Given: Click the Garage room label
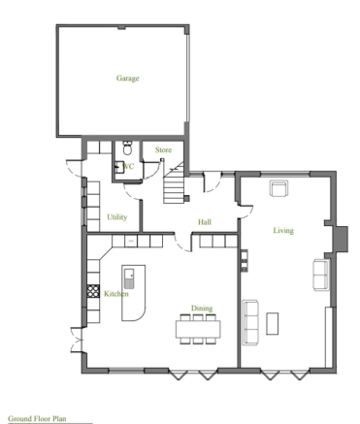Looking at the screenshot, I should [x=128, y=78].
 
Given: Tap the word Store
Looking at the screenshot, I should [x=163, y=149].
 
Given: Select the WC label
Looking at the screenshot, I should [x=129, y=166].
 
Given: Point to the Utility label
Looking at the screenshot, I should [x=117, y=217].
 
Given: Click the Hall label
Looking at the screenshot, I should [x=205, y=222].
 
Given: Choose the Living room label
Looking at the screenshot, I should [x=282, y=230].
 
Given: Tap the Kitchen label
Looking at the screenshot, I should [x=115, y=293].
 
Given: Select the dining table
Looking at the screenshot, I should [x=198, y=326].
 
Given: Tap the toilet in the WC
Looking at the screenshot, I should [x=127, y=149].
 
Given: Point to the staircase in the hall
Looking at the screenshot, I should [x=176, y=184].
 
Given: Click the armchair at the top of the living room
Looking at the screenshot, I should [x=279, y=188].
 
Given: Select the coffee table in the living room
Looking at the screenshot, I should [x=273, y=322].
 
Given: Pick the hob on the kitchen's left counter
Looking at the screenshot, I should [x=93, y=289].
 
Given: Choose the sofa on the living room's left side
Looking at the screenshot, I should [x=249, y=321].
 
